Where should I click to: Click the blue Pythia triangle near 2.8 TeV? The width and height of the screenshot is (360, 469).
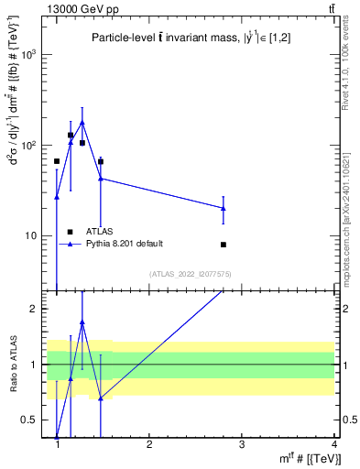[x=224, y=208]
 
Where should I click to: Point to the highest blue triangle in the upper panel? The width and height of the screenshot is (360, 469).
[x=82, y=122]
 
